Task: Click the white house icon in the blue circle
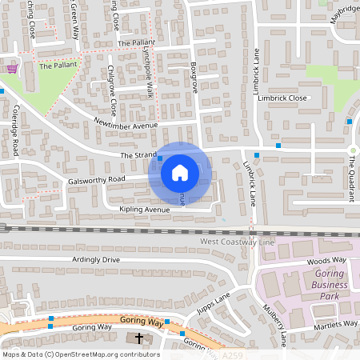180,172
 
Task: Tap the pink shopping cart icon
11,70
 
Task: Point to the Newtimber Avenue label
126,126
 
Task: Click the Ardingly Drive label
95,260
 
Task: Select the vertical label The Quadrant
350,178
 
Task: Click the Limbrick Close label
280,98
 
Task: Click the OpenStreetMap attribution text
81,354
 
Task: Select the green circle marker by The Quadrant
352,150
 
